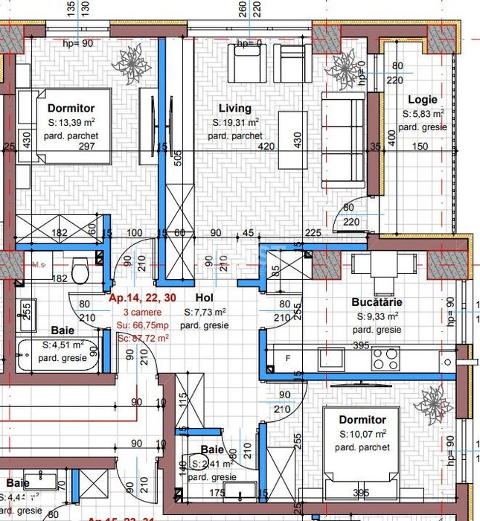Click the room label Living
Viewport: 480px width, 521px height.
[x=234, y=109]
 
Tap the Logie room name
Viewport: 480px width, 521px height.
[x=422, y=99]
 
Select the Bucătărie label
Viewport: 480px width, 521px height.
[x=377, y=302]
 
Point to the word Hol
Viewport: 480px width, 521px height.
[x=204, y=298]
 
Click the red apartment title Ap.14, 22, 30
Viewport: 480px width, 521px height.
[x=142, y=298]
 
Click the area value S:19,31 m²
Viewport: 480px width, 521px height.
[x=236, y=122]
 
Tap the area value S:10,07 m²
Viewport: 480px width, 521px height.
[x=363, y=434]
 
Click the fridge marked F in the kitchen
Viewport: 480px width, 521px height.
[x=287, y=359]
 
